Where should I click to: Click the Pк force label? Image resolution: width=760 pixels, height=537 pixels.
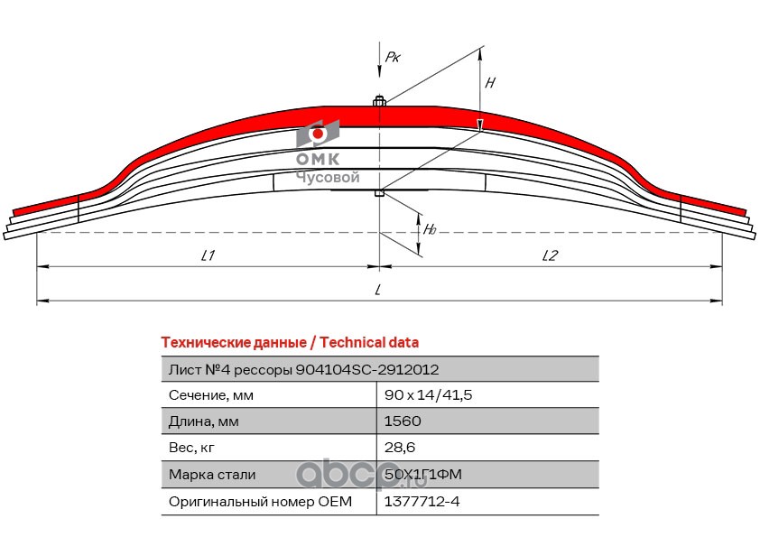click(393, 57)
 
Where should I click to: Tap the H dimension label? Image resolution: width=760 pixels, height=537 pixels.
click(490, 83)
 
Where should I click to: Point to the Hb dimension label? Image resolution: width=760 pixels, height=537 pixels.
click(430, 229)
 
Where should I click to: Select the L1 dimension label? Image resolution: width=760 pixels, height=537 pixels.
click(208, 255)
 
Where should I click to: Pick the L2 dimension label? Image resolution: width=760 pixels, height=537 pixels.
click(550, 255)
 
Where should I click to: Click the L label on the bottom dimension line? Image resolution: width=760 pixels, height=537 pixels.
click(378, 290)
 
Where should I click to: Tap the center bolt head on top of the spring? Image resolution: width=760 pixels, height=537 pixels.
click(379, 101)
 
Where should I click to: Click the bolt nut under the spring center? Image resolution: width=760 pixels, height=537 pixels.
click(379, 193)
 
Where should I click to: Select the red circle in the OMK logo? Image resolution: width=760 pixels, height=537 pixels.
click(318, 134)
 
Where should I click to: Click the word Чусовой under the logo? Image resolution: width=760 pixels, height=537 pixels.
click(328, 178)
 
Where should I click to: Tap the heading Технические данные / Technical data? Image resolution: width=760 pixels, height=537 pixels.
click(290, 343)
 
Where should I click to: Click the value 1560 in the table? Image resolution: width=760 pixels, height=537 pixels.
click(403, 421)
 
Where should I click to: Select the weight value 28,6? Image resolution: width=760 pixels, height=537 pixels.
click(399, 447)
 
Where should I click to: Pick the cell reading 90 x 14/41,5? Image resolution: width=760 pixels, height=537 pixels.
click(428, 395)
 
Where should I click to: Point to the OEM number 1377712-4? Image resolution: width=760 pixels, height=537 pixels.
click(422, 501)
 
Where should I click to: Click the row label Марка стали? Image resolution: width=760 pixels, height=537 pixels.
click(212, 475)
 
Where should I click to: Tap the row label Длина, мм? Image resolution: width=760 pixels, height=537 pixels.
click(204, 421)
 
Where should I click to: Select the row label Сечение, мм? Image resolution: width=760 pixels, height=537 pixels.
click(211, 395)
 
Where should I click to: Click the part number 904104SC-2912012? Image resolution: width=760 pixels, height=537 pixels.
click(367, 370)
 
